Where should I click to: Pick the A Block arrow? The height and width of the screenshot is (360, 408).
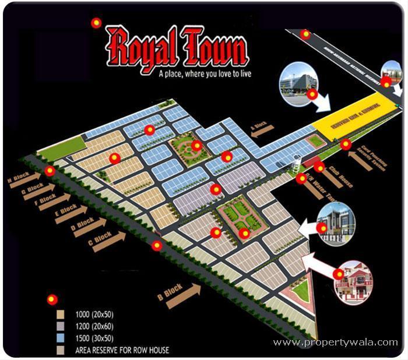pos(262,129)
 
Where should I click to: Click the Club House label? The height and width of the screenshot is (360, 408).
pos(343,172)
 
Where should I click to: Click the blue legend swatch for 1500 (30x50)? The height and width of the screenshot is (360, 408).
pos(61,338)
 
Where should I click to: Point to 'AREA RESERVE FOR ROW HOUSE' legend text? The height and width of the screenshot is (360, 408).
pos(122,350)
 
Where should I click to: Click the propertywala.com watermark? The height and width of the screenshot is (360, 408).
pos(335,343)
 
